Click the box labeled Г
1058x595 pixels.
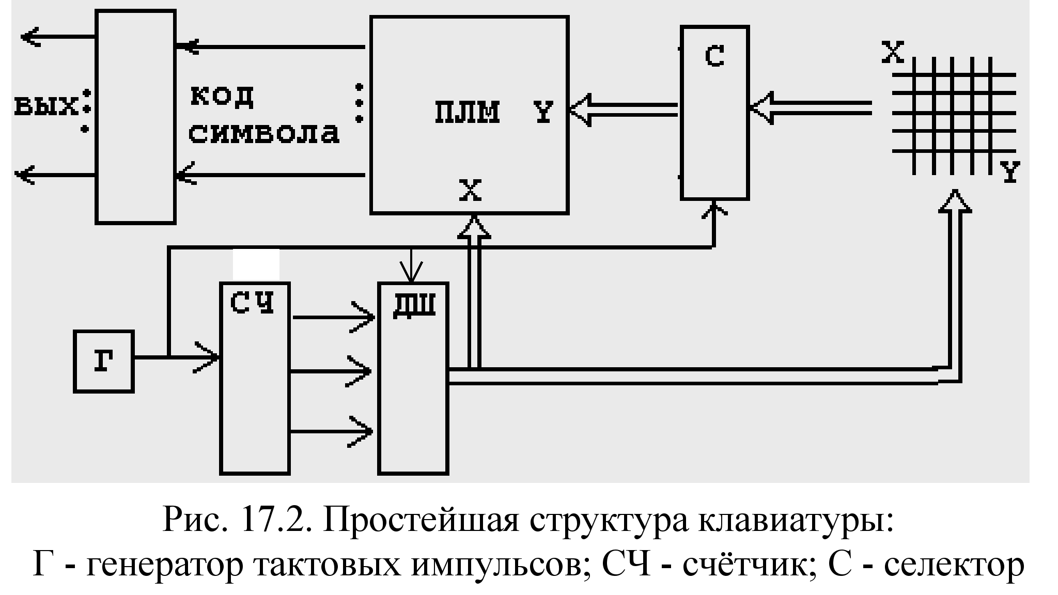tap(104, 362)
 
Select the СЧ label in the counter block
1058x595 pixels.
tap(252, 303)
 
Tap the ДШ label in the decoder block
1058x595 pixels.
tap(414, 305)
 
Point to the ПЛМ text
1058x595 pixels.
tap(467, 112)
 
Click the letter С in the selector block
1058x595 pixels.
tap(714, 56)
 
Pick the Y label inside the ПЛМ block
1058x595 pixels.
tap(543, 112)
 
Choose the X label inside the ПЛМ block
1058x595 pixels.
tap(470, 191)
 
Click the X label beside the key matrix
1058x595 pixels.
tap(893, 52)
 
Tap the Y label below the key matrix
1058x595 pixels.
tap(1010, 171)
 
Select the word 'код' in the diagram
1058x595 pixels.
tap(222, 96)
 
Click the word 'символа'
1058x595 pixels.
tap(263, 133)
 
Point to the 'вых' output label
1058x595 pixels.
tap(45, 106)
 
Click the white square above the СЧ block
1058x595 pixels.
tap(256, 264)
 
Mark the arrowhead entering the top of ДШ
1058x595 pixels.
tap(411, 274)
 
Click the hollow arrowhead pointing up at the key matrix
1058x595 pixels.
tap(955, 201)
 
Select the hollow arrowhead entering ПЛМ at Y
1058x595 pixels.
tap(581, 109)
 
